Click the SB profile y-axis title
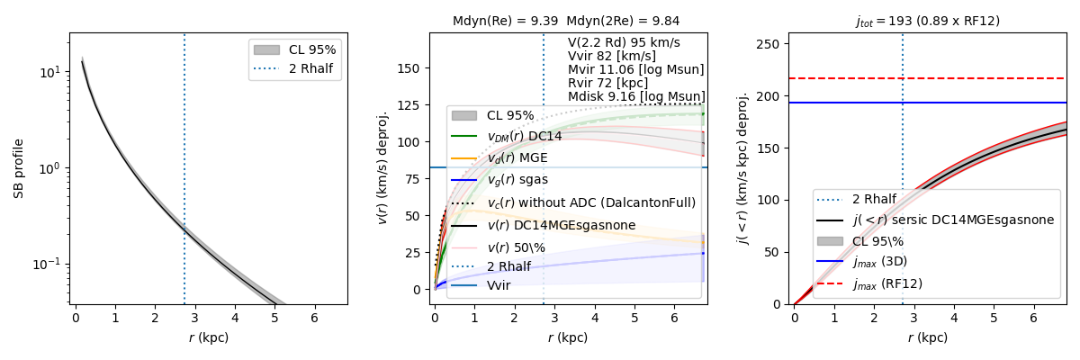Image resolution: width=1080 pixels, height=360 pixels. tap(19, 168)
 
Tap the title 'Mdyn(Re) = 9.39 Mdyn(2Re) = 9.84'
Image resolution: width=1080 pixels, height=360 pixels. tap(567, 21)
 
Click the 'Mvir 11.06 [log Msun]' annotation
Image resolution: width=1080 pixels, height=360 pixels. tap(635, 69)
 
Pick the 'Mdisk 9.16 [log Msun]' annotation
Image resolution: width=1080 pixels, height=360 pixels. tap(636, 96)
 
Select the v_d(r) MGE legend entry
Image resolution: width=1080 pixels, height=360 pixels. tap(517, 157)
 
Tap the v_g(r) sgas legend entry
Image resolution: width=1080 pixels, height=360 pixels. tap(517, 180)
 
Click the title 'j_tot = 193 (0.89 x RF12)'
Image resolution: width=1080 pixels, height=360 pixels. tap(927, 21)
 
